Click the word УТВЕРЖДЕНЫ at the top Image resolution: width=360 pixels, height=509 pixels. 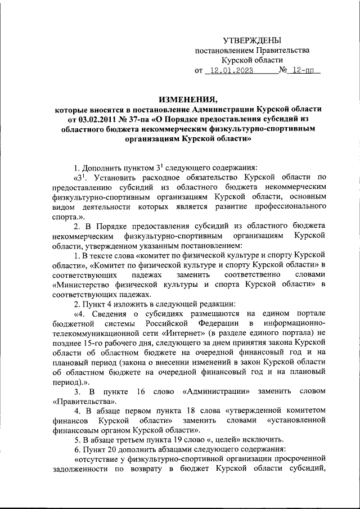(252, 40)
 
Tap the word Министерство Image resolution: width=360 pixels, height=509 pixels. (82, 285)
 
